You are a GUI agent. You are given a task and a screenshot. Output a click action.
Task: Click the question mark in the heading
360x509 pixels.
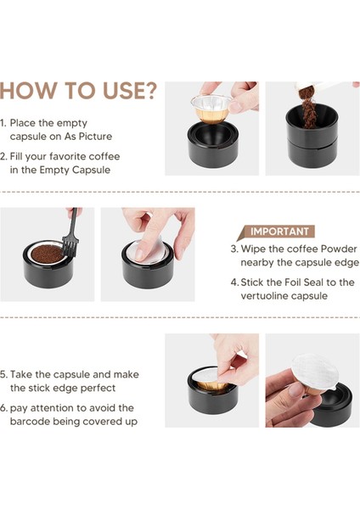[x=149, y=90]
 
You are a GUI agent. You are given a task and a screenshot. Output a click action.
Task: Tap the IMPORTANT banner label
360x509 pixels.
[x=279, y=232]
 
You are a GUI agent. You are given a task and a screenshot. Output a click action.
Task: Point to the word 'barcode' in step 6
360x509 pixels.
[x=30, y=422]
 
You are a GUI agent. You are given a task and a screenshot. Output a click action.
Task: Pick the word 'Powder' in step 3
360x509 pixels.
[x=339, y=249]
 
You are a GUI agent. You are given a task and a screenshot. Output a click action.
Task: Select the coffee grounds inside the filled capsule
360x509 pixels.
[x=47, y=254]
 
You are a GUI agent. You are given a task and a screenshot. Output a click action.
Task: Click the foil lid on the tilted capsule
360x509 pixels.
[x=315, y=372]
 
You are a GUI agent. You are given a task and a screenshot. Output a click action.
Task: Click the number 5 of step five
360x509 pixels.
[x=3, y=375]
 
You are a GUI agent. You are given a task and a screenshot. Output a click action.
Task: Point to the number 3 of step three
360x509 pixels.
[x=234, y=249]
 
